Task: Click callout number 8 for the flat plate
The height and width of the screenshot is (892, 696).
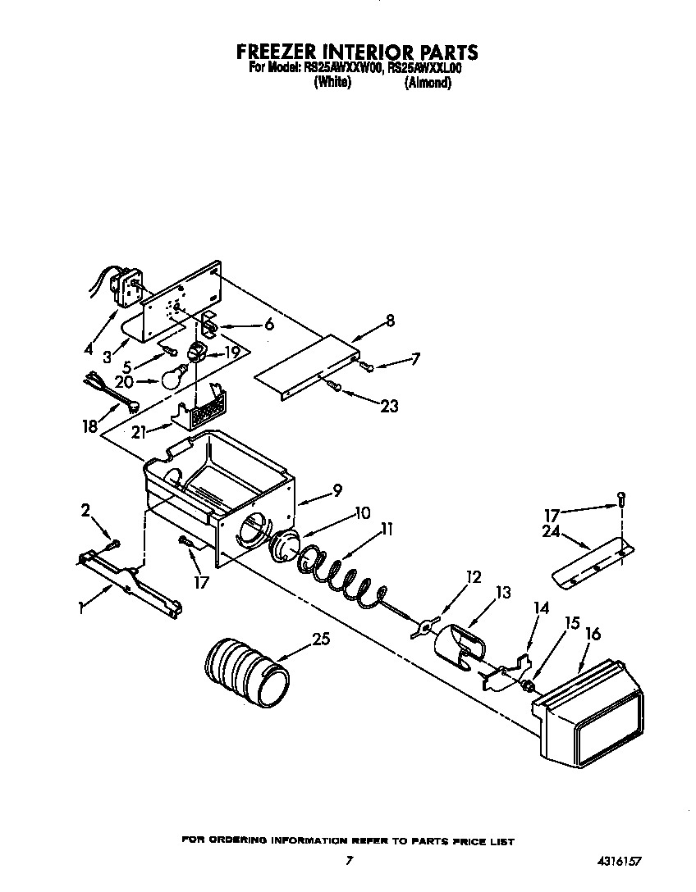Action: point(390,321)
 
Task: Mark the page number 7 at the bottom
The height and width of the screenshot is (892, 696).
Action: point(350,861)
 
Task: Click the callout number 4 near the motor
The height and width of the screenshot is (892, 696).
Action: point(87,348)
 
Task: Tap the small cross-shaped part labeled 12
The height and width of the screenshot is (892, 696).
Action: point(422,627)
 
